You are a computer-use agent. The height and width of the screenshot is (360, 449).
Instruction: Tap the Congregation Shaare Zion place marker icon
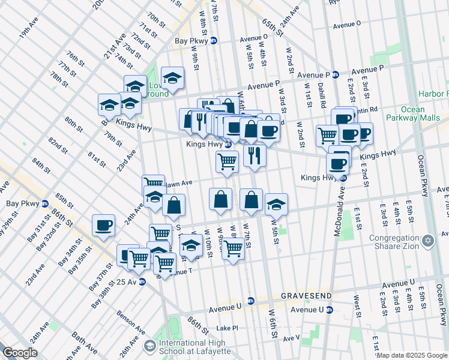[427, 241]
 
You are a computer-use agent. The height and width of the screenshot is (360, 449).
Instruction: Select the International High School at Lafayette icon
[149, 346]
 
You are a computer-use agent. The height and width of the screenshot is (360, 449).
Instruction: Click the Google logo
[20, 353]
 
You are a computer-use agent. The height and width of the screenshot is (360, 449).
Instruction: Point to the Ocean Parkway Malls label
[411, 113]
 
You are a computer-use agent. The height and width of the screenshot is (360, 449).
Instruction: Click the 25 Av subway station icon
[142, 282]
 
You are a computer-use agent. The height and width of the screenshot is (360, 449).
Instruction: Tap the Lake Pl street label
[228, 328]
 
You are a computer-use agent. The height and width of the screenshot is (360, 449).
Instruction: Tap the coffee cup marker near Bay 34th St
[103, 226]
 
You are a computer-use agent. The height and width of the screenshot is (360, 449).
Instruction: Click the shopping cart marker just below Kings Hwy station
[227, 161]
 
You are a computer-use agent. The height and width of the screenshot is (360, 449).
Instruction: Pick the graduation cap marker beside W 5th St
[276, 205]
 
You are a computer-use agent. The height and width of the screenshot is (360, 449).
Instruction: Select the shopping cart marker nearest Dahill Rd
[327, 135]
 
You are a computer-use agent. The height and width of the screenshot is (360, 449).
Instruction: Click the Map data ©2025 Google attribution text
[412, 355]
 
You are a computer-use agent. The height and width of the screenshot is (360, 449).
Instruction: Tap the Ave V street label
[292, 338]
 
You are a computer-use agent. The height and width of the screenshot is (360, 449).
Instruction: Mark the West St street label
[357, 301]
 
